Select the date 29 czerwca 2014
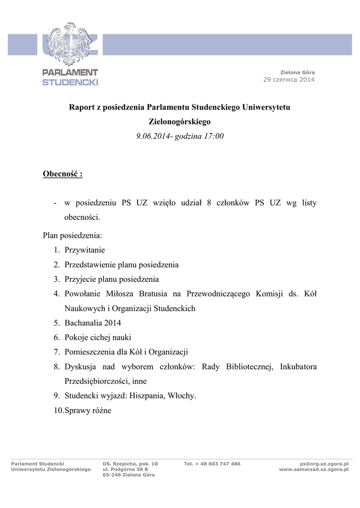click(288, 80)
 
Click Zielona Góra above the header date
click(297, 72)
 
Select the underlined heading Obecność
click(63, 174)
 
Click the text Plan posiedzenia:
click(72, 235)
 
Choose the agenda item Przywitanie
click(84, 250)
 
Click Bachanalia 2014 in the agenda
click(93, 323)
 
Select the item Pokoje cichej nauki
click(98, 337)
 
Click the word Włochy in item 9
click(182, 396)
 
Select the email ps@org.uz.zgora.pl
click(323, 464)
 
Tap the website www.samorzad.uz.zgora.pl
click(313, 469)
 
